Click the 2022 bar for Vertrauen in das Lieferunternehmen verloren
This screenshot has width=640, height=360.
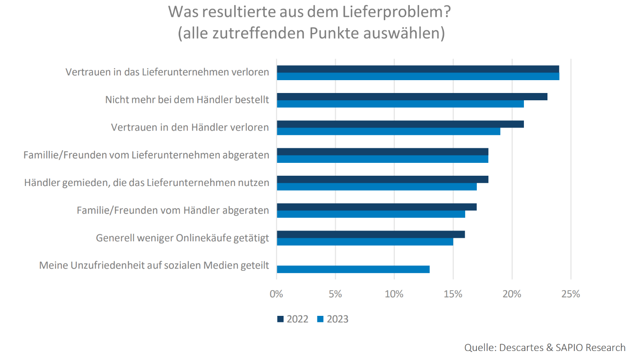(x=418, y=69)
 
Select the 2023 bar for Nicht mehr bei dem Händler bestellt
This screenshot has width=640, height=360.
(x=400, y=104)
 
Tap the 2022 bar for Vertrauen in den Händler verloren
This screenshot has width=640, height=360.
(x=400, y=124)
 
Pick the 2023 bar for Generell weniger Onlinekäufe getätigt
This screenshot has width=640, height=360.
(x=365, y=242)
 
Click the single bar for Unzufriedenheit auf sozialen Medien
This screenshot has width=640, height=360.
(x=353, y=269)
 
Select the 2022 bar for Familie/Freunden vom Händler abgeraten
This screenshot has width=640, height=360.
(x=377, y=207)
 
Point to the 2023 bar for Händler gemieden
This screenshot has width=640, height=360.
(x=377, y=187)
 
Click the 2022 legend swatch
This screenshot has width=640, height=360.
(x=281, y=319)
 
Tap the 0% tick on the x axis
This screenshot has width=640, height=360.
(x=276, y=294)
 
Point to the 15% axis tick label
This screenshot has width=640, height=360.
(x=453, y=294)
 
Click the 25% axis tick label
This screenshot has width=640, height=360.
(x=571, y=294)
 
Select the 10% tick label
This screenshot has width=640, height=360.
(x=394, y=294)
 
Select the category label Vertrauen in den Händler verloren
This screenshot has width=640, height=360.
(x=190, y=127)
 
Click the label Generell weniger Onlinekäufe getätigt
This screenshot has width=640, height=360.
(x=182, y=238)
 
